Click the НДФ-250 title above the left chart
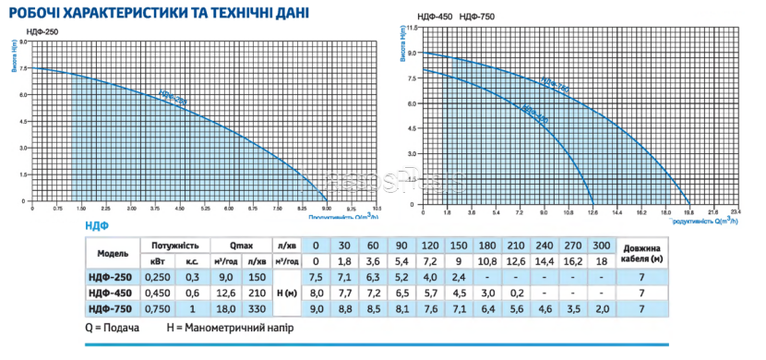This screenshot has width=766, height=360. [x=30, y=34]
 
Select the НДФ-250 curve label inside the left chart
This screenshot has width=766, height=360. [x=173, y=97]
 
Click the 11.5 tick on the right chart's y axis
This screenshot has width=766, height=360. [x=413, y=28]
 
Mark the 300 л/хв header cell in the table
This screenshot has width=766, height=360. [x=600, y=246]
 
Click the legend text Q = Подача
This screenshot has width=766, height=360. [x=113, y=330]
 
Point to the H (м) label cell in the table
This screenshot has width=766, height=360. [x=290, y=293]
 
